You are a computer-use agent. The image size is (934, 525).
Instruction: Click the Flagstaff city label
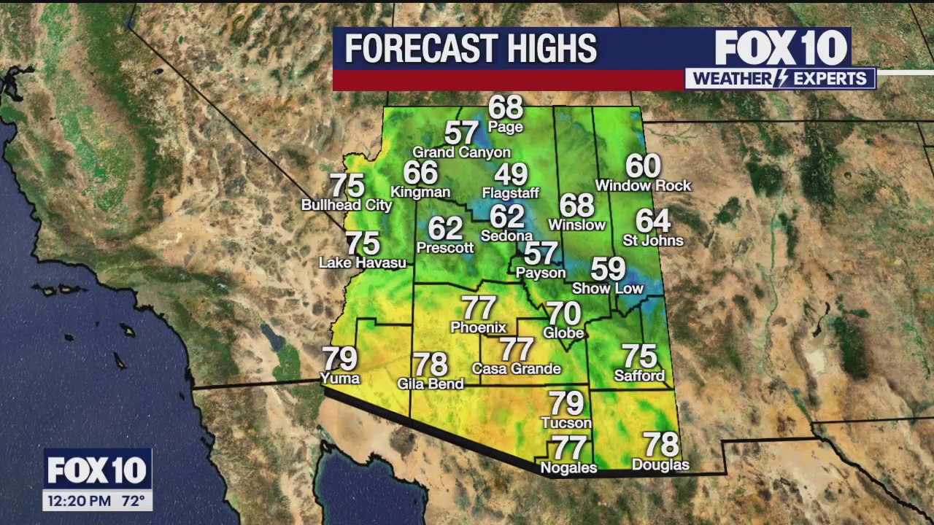[510, 193]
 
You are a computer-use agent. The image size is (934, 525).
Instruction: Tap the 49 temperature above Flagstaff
[510, 175]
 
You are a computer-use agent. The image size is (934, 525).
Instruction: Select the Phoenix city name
[478, 327]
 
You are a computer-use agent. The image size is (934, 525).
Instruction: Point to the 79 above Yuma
[339, 359]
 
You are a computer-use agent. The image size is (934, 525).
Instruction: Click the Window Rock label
[643, 186]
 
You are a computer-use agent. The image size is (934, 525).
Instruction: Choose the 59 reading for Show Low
[608, 269]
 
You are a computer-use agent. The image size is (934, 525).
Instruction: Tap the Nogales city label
[568, 468]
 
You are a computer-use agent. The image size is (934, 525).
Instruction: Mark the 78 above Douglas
[660, 444]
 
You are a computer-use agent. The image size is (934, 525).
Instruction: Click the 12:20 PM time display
[80, 501]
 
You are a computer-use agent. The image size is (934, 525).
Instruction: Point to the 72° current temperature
[132, 501]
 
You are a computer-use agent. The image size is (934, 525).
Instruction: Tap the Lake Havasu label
[363, 262]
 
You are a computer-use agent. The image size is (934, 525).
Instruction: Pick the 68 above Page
[506, 108]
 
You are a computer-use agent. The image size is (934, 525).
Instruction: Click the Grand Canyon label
[461, 152]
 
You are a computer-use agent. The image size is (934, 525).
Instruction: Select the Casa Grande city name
[516, 369]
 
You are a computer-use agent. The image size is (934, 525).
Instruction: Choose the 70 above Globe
[563, 314]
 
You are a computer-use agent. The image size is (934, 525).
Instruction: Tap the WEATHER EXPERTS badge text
[780, 79]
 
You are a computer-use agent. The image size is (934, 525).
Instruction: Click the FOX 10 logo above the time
[97, 471]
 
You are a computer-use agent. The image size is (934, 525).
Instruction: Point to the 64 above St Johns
[652, 221]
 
